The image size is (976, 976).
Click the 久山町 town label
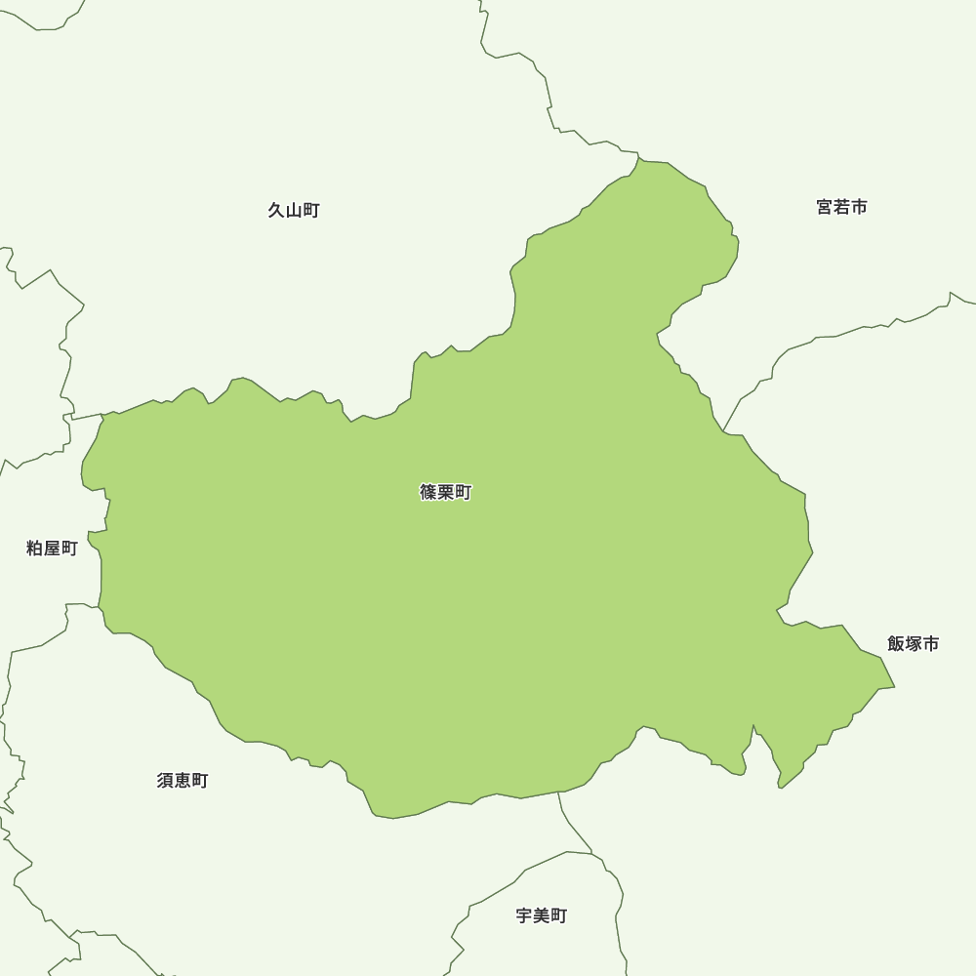coord(294,210)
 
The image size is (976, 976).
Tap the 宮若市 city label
coord(841,207)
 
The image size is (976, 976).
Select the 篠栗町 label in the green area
coord(445,493)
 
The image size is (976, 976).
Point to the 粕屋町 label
coord(52,549)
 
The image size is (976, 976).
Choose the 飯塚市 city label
coord(913,644)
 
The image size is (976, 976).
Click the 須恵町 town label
coord(183,781)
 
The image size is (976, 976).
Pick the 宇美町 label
coord(541,915)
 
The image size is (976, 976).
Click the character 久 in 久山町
coord(276,210)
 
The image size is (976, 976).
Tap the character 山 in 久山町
coord(294,210)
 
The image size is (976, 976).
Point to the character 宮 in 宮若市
coord(825,207)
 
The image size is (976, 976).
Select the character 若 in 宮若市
coord(841,207)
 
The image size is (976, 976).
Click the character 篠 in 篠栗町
coord(428,493)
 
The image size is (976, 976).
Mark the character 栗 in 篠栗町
coord(445,493)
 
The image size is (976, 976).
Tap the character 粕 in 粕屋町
coord(34,549)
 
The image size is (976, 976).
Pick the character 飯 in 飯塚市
coord(896,644)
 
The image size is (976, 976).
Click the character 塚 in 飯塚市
coord(913,644)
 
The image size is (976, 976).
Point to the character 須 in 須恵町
coord(166,781)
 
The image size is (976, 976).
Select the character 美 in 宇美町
coord(541,915)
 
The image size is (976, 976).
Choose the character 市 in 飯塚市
coord(930,644)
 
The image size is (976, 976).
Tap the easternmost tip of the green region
coord(893,687)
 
